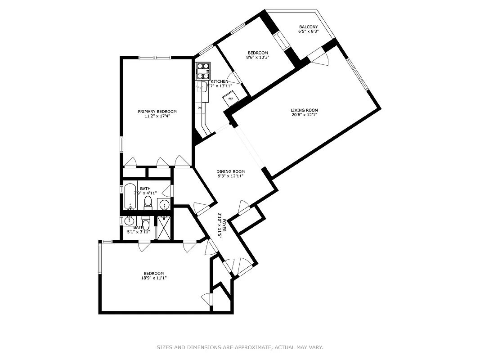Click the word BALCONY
tap(309, 27)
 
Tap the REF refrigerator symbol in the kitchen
tap(231, 99)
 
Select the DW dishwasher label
tap(199, 108)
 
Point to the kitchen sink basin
tap(203, 87)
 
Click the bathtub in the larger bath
tap(131, 197)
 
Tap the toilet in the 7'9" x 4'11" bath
tap(148, 203)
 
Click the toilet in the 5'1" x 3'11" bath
tap(145, 224)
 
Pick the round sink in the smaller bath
tap(130, 220)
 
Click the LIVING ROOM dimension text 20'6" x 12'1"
tap(304, 115)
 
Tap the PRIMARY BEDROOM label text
tap(157, 112)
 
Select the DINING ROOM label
tap(230, 171)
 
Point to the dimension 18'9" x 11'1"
tap(154, 278)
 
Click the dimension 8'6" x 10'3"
tap(258, 57)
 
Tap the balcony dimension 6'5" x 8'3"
tap(309, 31)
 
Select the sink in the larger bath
tap(164, 205)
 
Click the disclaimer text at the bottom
tap(240, 347)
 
